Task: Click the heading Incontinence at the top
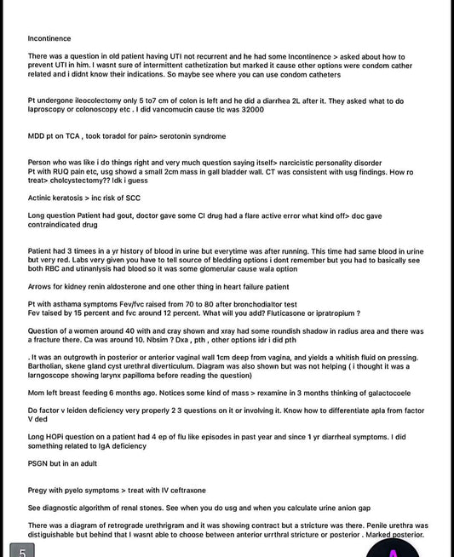pos(49,38)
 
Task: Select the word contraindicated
pos(57,225)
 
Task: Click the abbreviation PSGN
pos(39,463)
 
